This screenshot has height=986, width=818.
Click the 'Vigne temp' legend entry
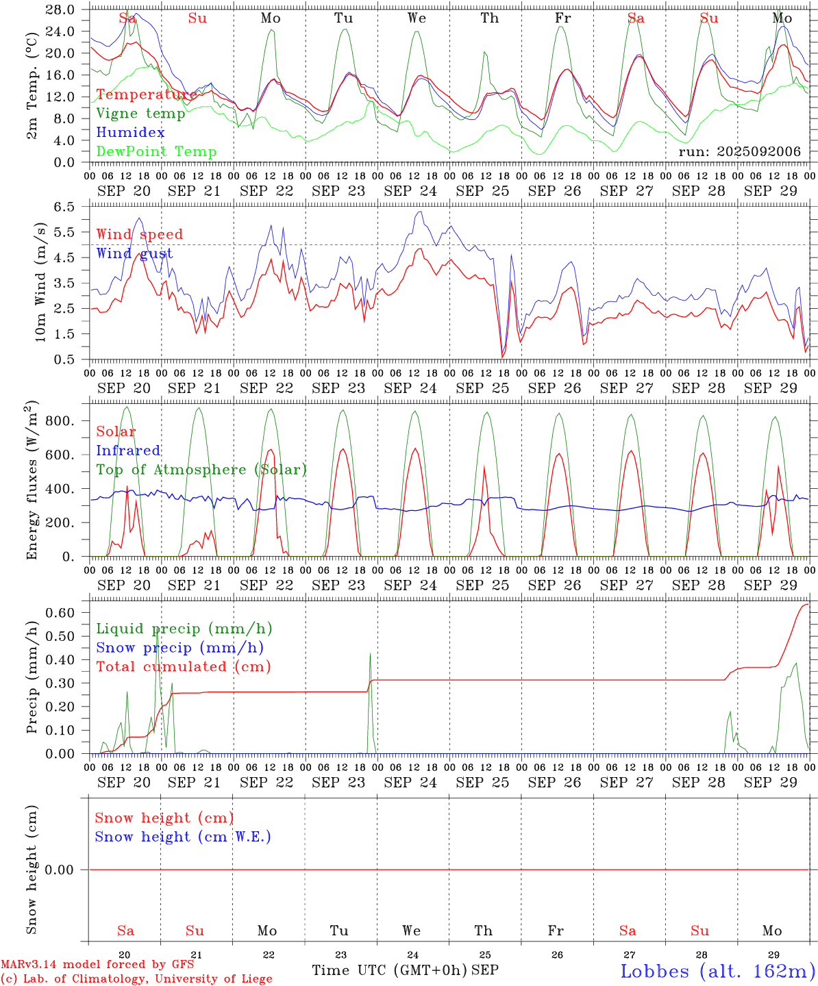coord(140,114)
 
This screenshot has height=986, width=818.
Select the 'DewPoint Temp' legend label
coord(156,152)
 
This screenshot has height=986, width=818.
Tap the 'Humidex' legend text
coord(130,133)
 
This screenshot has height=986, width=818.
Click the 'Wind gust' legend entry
coord(134,253)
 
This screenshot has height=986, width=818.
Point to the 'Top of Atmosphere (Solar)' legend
coord(201,470)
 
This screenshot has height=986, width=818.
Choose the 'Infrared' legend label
coord(128,451)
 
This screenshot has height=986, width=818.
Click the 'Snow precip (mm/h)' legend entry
coord(179,648)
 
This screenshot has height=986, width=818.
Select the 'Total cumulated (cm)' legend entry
coord(183,667)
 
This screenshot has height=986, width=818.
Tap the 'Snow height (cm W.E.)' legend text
coord(183,837)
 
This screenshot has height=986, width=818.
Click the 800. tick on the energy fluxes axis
coord(59,420)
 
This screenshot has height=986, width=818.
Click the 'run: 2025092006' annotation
coord(739,152)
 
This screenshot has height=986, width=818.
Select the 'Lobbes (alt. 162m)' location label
coord(717,971)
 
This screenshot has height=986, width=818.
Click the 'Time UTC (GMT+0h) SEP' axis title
coord(405,970)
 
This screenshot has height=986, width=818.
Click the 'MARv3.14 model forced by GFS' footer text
coord(97,965)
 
